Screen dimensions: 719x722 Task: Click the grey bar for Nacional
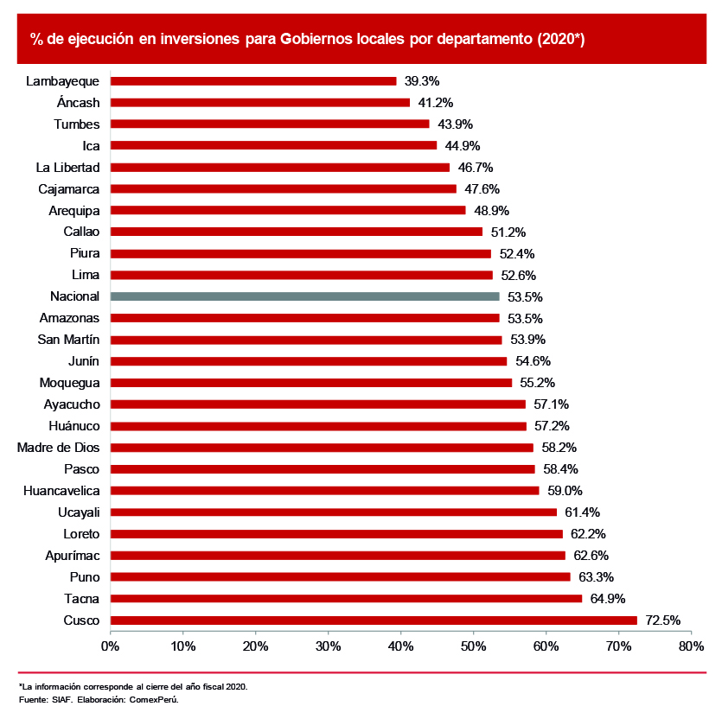point(304,296)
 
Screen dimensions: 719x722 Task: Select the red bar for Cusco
point(374,620)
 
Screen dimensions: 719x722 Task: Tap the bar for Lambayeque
point(253,81)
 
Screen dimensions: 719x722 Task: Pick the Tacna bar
point(346,599)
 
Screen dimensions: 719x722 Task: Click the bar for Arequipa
point(288,210)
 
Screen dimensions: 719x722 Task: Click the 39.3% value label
point(422,81)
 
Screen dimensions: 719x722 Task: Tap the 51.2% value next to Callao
point(508,232)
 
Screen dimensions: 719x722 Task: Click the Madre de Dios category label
point(58,448)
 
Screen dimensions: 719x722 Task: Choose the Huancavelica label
point(58,491)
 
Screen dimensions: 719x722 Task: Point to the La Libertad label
point(68,167)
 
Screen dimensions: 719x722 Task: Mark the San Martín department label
point(69,340)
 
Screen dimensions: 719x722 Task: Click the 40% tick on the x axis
point(401,646)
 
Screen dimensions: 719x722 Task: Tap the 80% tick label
point(692,646)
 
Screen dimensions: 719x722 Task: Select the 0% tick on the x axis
point(111,646)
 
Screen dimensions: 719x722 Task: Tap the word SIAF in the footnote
point(62,699)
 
